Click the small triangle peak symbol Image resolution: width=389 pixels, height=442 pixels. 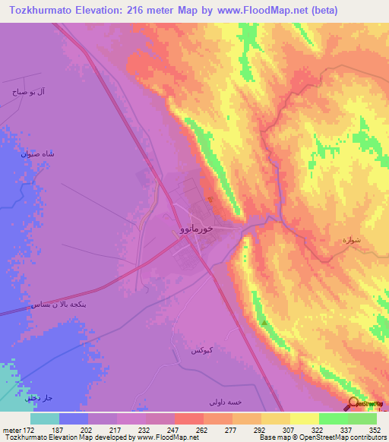point(264,322)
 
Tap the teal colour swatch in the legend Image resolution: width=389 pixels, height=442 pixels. point(45,418)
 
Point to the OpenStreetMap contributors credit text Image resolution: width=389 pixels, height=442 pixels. point(350,438)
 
